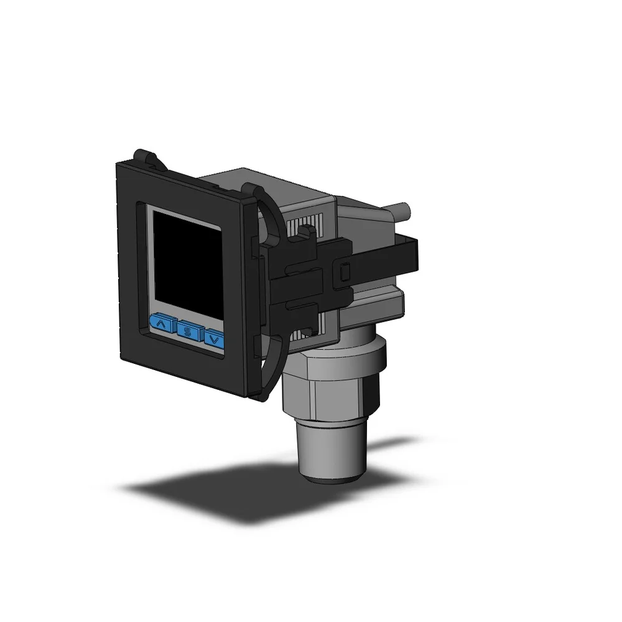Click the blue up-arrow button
[160, 323]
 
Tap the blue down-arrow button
[214, 339]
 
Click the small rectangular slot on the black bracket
[345, 272]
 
